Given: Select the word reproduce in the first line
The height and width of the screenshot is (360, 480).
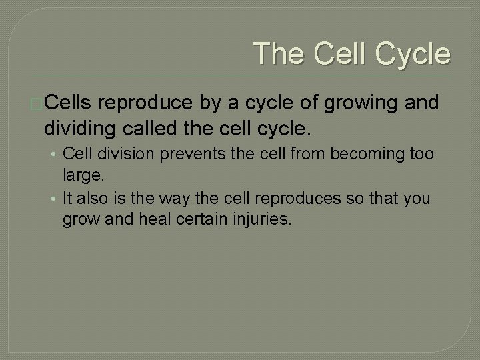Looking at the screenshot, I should tap(150, 103).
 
